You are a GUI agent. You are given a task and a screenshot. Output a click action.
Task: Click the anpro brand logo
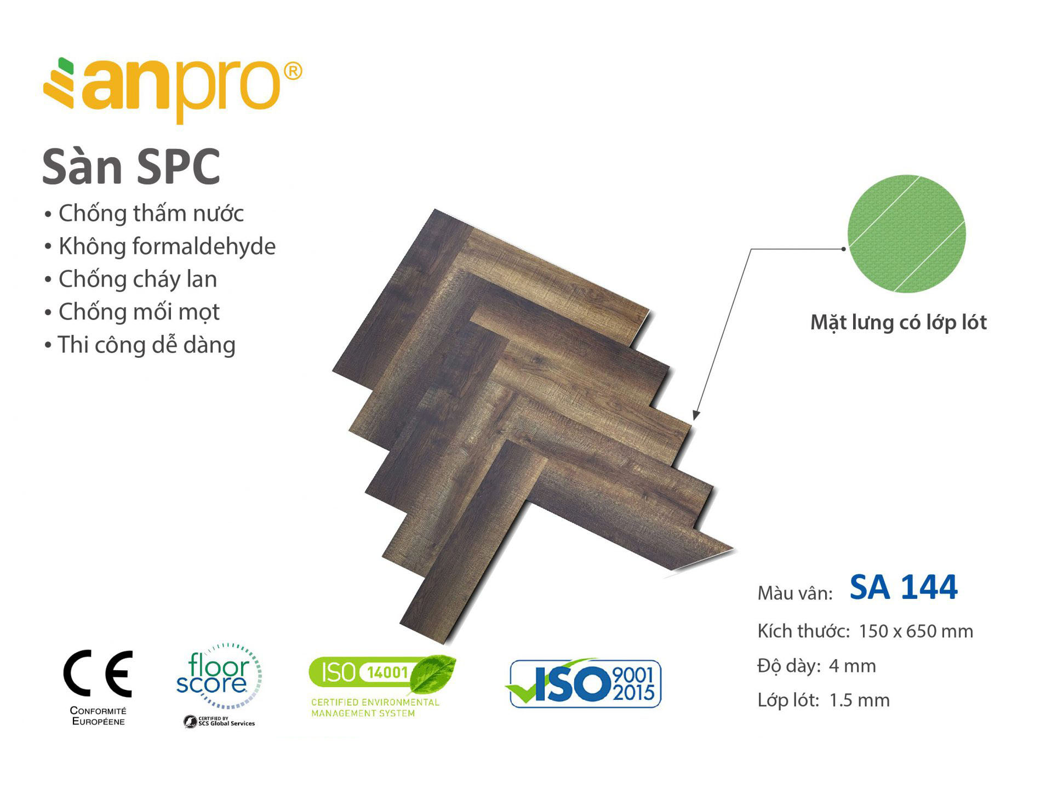tap(172, 89)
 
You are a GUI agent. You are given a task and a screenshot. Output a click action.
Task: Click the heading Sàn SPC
tap(131, 167)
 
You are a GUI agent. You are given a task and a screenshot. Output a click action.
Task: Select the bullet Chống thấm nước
tap(144, 213)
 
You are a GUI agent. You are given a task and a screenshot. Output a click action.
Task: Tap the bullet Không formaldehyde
tap(160, 247)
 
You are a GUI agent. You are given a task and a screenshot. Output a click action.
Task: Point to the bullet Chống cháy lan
tap(131, 279)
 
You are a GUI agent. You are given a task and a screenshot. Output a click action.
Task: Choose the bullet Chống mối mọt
tap(132, 312)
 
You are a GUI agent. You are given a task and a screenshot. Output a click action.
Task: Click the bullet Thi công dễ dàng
tap(140, 345)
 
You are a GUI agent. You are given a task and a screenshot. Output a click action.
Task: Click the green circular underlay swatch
tap(906, 233)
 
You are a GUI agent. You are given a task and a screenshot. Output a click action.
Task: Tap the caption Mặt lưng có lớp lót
tap(899, 323)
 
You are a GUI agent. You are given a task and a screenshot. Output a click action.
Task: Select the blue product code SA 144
tap(904, 587)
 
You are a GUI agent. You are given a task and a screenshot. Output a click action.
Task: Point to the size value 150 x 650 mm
tap(916, 631)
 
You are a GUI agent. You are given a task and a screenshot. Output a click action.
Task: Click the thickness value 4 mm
tap(853, 666)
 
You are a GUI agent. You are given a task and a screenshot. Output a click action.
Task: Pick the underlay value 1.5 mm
tap(860, 700)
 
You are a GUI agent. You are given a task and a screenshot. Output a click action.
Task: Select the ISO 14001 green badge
tap(382, 685)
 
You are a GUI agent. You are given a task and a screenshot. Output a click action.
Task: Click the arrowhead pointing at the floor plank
tap(696, 415)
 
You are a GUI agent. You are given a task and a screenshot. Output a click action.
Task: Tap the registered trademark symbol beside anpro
tap(293, 71)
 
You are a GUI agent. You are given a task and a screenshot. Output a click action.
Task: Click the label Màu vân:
tap(795, 593)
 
